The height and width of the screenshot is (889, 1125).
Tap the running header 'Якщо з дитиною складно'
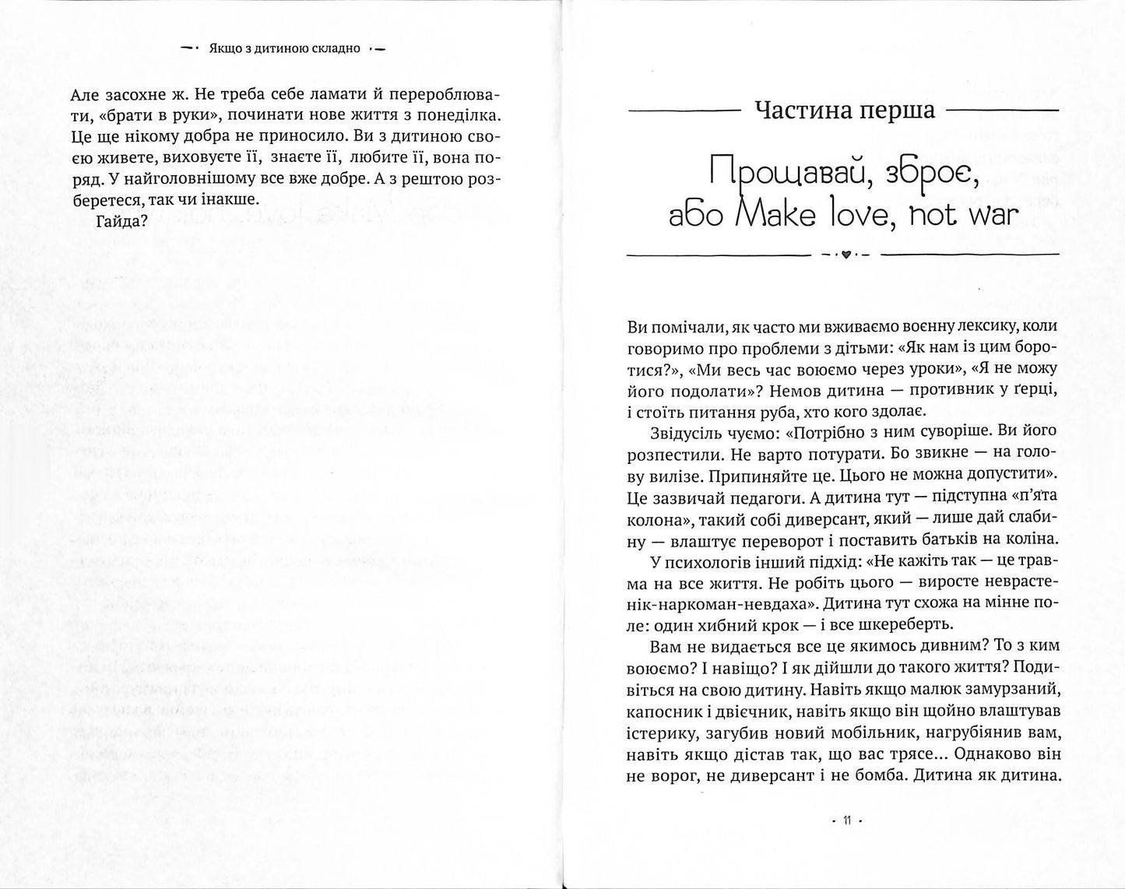pos(282,48)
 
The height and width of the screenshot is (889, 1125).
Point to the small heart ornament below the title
pos(845,255)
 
